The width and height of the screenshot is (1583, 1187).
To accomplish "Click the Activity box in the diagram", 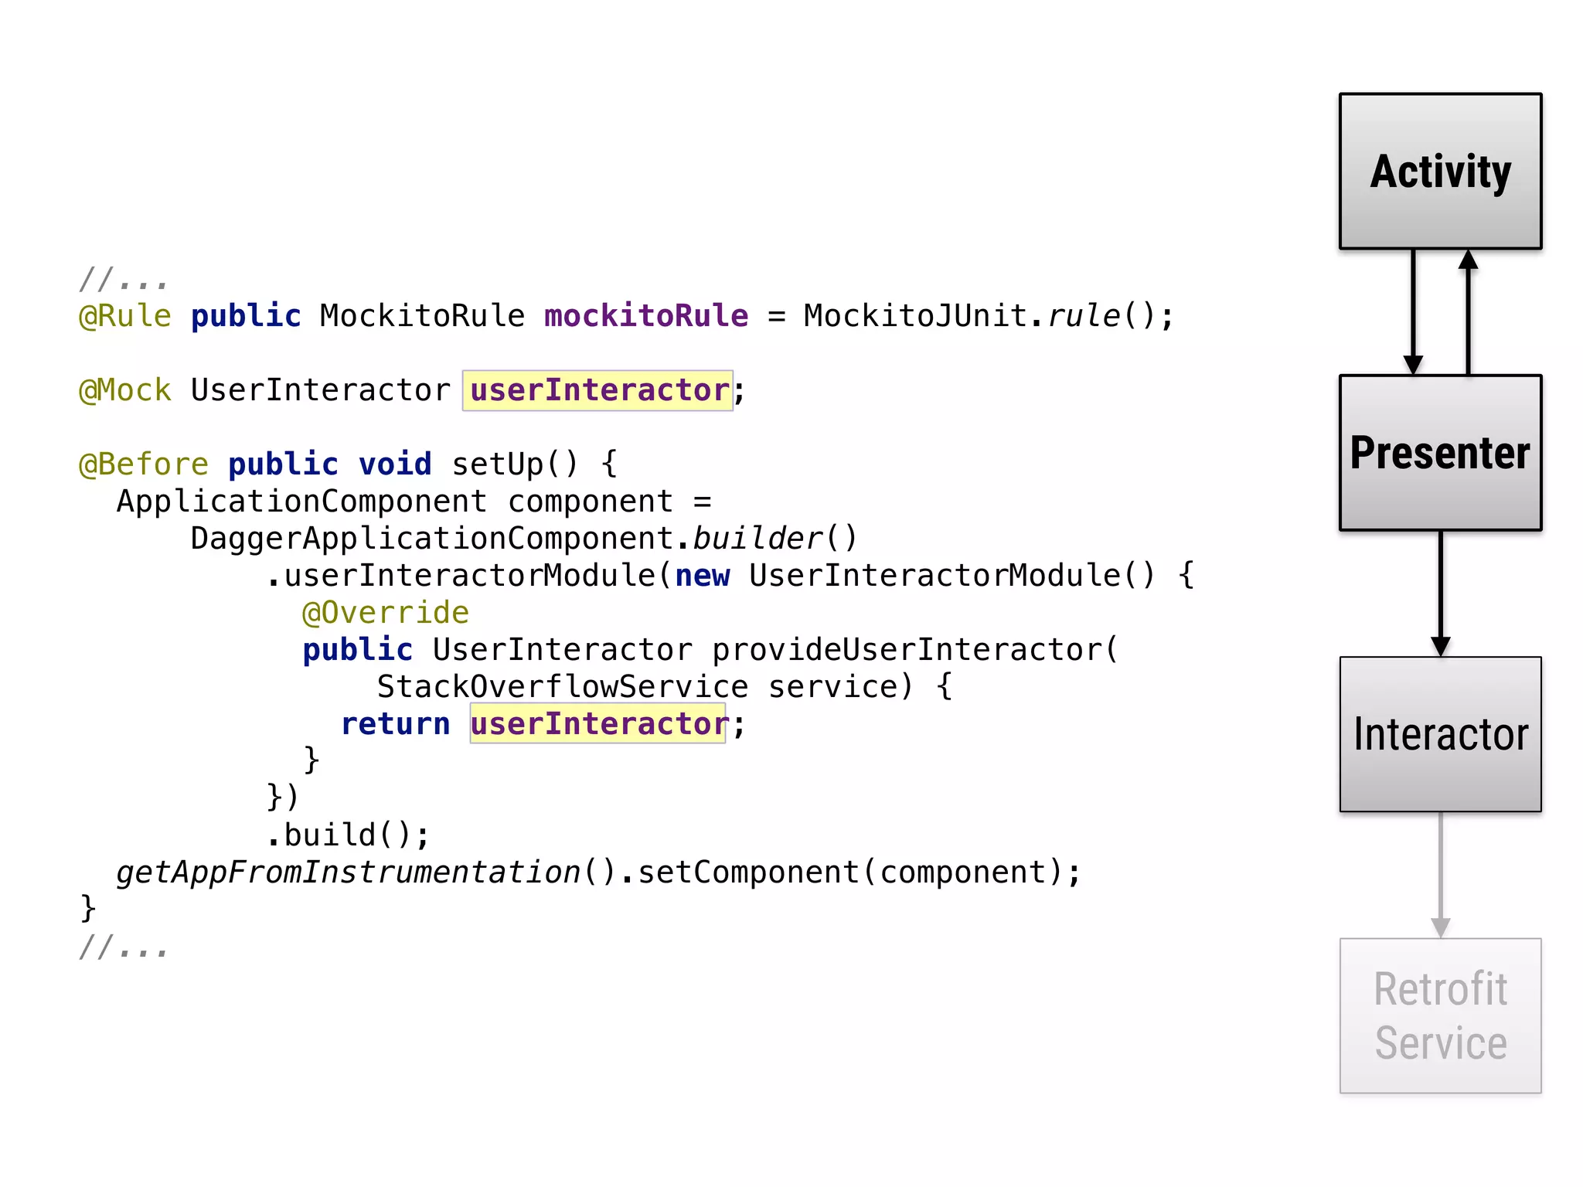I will (1440, 172).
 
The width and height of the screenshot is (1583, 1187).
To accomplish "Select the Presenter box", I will (1440, 453).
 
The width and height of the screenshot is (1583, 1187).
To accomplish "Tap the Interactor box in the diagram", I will (1440, 734).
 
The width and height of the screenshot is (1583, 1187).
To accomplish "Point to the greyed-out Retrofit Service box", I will (1440, 1015).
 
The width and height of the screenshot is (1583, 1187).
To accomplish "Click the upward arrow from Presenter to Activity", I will (1468, 312).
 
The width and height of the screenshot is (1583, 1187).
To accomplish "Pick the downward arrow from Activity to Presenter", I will (1413, 312).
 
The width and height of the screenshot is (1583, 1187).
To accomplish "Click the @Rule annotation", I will (125, 316).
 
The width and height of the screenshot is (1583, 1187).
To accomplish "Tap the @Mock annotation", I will (125, 390).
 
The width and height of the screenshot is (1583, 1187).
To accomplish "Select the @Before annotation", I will (144, 464).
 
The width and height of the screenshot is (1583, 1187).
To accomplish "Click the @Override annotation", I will (386, 613).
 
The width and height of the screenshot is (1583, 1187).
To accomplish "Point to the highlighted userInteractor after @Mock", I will (598, 390).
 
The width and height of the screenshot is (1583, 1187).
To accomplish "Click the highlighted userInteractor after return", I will (598, 724).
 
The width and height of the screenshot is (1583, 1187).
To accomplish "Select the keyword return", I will (396, 724).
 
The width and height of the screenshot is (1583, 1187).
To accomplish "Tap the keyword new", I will (702, 576).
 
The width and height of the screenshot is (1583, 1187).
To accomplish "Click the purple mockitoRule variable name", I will (646, 316).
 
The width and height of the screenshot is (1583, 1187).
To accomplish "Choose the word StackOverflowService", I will (563, 687).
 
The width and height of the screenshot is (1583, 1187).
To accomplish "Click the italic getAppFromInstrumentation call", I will (349, 872).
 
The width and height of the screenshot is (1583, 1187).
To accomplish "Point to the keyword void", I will (395, 464).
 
